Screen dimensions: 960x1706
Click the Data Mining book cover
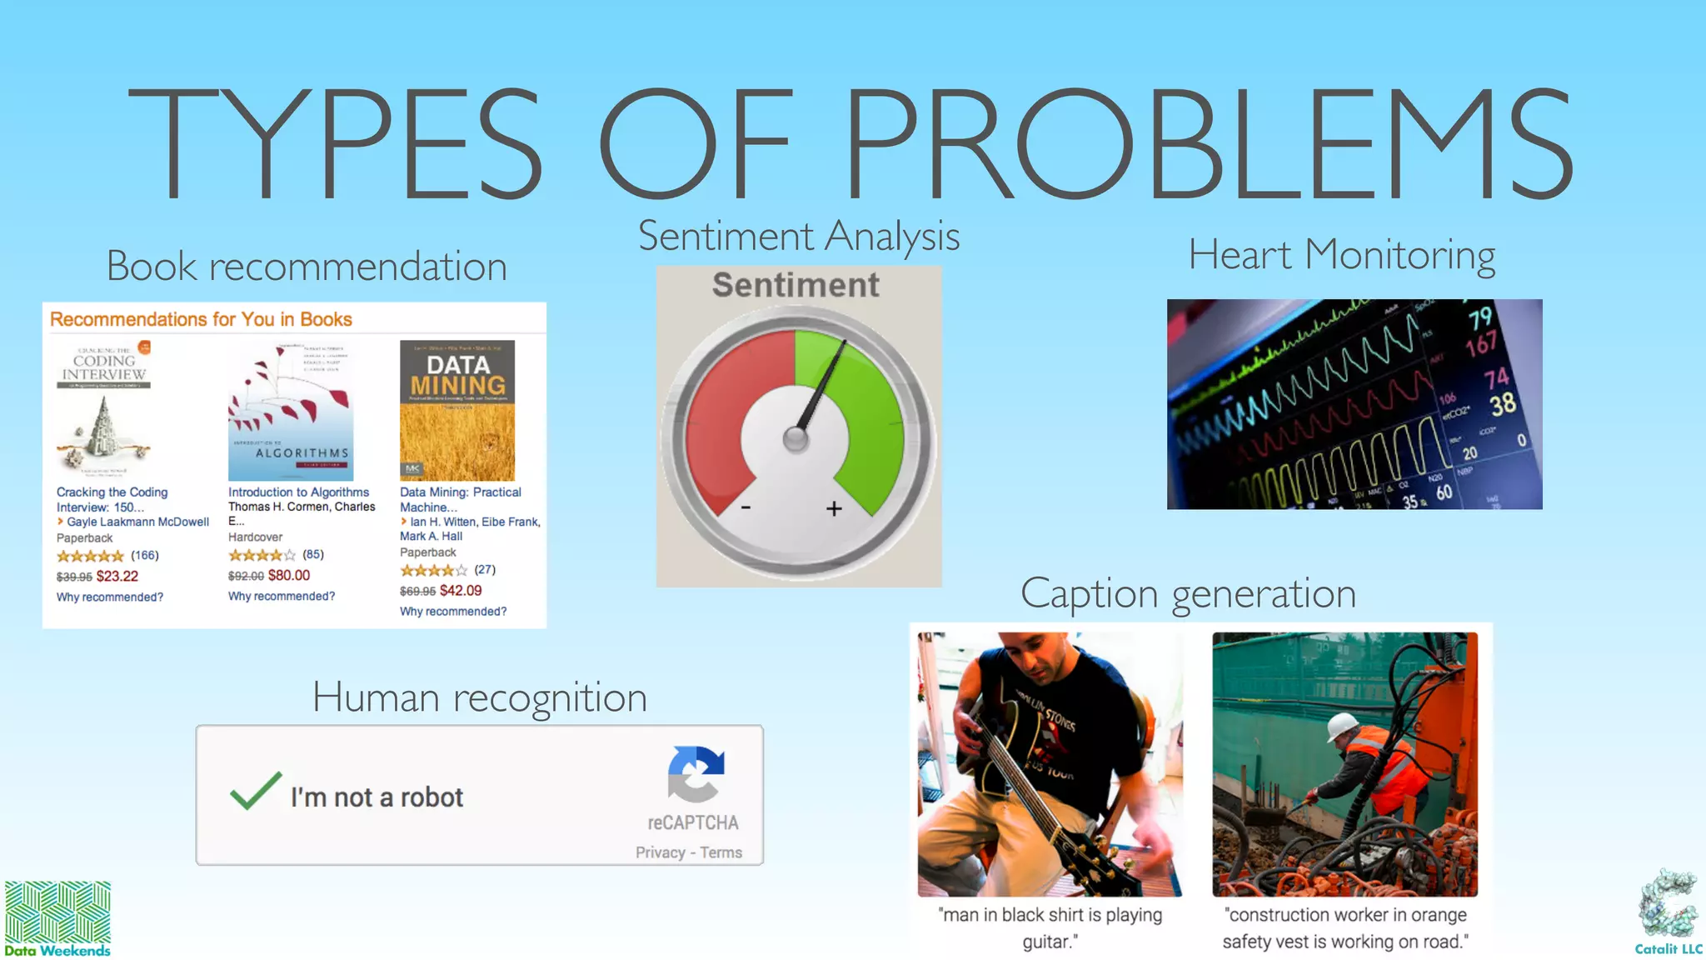tap(456, 409)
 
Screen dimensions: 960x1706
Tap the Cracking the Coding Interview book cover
tap(104, 408)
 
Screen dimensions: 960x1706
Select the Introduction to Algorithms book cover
tap(291, 410)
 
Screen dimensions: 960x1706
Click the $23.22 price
tap(117, 576)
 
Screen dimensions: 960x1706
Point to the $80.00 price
tap(289, 575)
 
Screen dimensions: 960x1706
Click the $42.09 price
tap(461, 590)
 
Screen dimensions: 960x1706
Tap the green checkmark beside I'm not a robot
tap(255, 791)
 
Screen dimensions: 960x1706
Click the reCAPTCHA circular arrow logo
tap(696, 774)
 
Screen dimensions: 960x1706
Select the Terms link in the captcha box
tap(721, 852)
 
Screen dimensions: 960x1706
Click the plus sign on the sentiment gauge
tap(834, 508)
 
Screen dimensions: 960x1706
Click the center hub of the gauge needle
tap(796, 438)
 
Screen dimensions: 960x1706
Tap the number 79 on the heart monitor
tap(1479, 317)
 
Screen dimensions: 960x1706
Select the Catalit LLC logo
tap(1668, 912)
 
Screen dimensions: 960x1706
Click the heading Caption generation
tap(1188, 593)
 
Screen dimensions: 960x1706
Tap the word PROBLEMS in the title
tap(1209, 144)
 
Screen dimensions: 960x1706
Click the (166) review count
tap(145, 555)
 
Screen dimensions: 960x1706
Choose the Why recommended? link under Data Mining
tap(453, 611)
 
